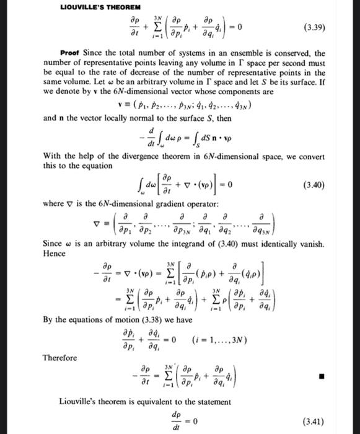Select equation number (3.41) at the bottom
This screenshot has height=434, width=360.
point(317,421)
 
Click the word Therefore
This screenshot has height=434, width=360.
point(60,358)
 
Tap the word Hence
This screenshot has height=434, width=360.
point(55,254)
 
